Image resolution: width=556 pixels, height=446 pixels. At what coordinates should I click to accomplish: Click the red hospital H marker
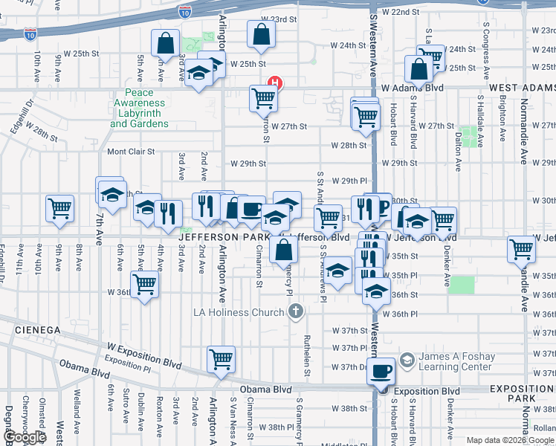click(x=275, y=83)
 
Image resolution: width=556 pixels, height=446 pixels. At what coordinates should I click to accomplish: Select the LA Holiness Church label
click(x=239, y=310)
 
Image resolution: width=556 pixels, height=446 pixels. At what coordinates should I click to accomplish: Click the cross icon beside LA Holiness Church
click(x=296, y=310)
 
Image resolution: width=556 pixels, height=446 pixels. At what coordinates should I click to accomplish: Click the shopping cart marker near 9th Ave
click(x=60, y=210)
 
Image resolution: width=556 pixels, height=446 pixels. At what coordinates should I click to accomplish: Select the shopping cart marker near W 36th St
click(x=144, y=285)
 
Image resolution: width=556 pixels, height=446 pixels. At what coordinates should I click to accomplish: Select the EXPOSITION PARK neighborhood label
click(x=522, y=394)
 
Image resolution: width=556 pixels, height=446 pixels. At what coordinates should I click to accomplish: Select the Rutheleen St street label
click(x=306, y=349)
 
